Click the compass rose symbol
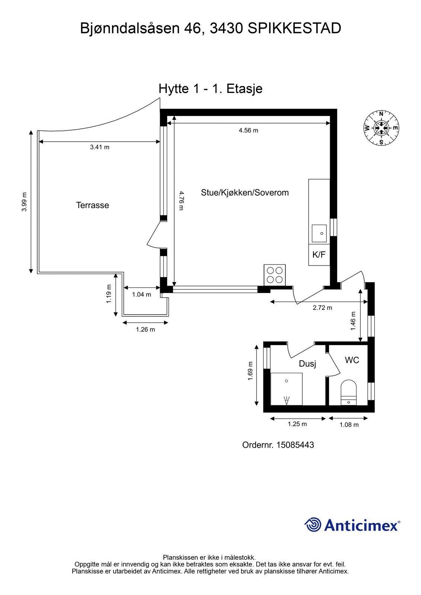pyautogui.click(x=381, y=128)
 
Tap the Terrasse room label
pyautogui.click(x=93, y=205)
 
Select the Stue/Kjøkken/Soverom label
pyautogui.click(x=245, y=192)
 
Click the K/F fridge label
pyautogui.click(x=319, y=254)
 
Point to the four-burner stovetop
pyautogui.click(x=275, y=275)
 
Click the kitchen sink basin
pyautogui.click(x=319, y=233)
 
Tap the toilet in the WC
pyautogui.click(x=348, y=393)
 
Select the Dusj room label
pyautogui.click(x=307, y=364)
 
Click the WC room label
pyautogui.click(x=352, y=360)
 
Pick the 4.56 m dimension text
pyautogui.click(x=248, y=130)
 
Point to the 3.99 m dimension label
pyautogui.click(x=24, y=202)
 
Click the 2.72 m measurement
pyautogui.click(x=322, y=308)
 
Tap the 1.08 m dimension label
pyautogui.click(x=349, y=425)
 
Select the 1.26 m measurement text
pyautogui.click(x=146, y=329)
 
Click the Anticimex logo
pyautogui.click(x=352, y=525)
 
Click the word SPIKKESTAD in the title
pyautogui.click(x=294, y=29)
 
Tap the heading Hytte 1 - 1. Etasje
pyautogui.click(x=210, y=89)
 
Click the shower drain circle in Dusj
pyautogui.click(x=286, y=381)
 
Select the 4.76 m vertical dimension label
pyautogui.click(x=181, y=200)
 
